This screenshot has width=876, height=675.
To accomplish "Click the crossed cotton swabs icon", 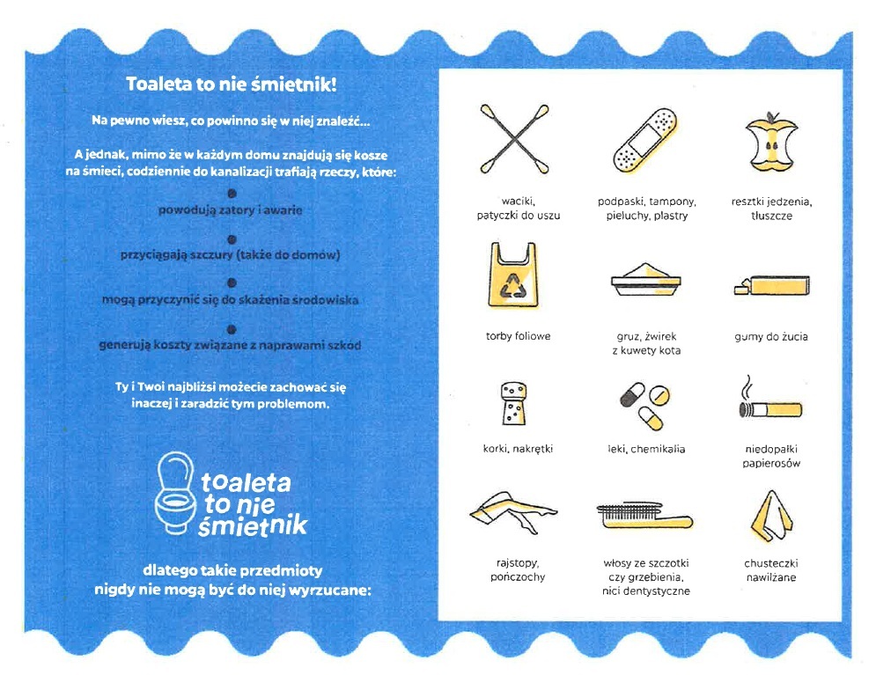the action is pos(514,139).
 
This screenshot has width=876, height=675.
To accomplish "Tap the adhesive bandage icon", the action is pos(646,140).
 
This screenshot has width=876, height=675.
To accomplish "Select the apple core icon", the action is pos(771,142).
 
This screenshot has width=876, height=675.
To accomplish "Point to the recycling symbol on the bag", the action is pos(512,286).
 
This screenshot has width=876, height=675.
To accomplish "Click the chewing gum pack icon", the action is pos(771,285).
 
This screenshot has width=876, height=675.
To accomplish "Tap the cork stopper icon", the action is pos(513,404).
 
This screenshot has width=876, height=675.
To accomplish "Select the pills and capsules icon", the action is pos(645,406).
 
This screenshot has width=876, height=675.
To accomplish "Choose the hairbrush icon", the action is pos(644,516).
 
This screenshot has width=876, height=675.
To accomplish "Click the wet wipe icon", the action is pos(771,517).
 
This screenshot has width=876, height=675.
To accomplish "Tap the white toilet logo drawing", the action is pos(176,494).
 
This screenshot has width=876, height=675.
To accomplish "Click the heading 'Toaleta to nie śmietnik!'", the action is pos(232,84).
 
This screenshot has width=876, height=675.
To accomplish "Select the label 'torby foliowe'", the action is pos(518,336).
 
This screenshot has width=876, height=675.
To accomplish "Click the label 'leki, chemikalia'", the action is pos(646,449).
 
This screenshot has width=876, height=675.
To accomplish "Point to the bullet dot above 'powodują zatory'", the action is pos(232,194).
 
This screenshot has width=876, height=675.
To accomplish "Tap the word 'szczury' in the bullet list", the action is pos(211,255).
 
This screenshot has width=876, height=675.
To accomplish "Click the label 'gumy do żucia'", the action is pos(771,337).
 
